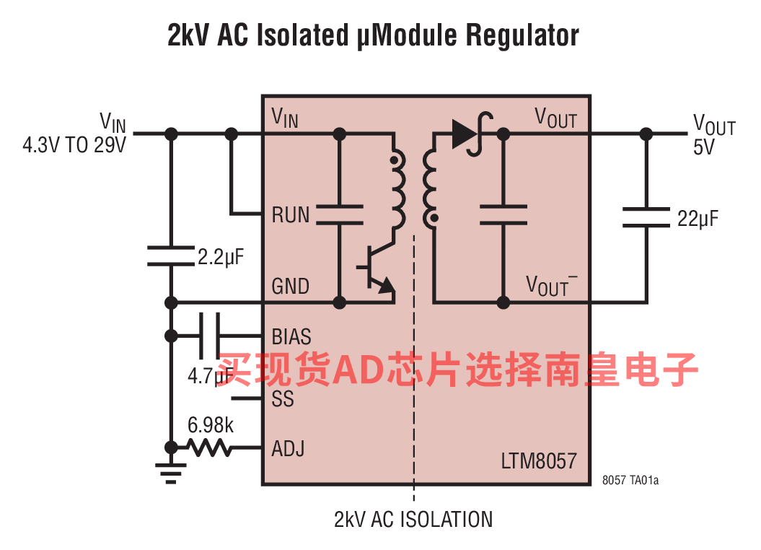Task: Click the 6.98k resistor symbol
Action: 210,448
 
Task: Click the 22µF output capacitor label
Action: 698,219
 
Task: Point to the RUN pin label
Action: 291,215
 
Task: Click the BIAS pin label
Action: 291,337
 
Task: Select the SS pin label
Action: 283,398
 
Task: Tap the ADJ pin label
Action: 288,449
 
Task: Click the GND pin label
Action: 291,287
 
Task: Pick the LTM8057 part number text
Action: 539,460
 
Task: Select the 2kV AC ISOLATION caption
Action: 413,519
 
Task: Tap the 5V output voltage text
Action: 703,147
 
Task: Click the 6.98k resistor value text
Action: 211,425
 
